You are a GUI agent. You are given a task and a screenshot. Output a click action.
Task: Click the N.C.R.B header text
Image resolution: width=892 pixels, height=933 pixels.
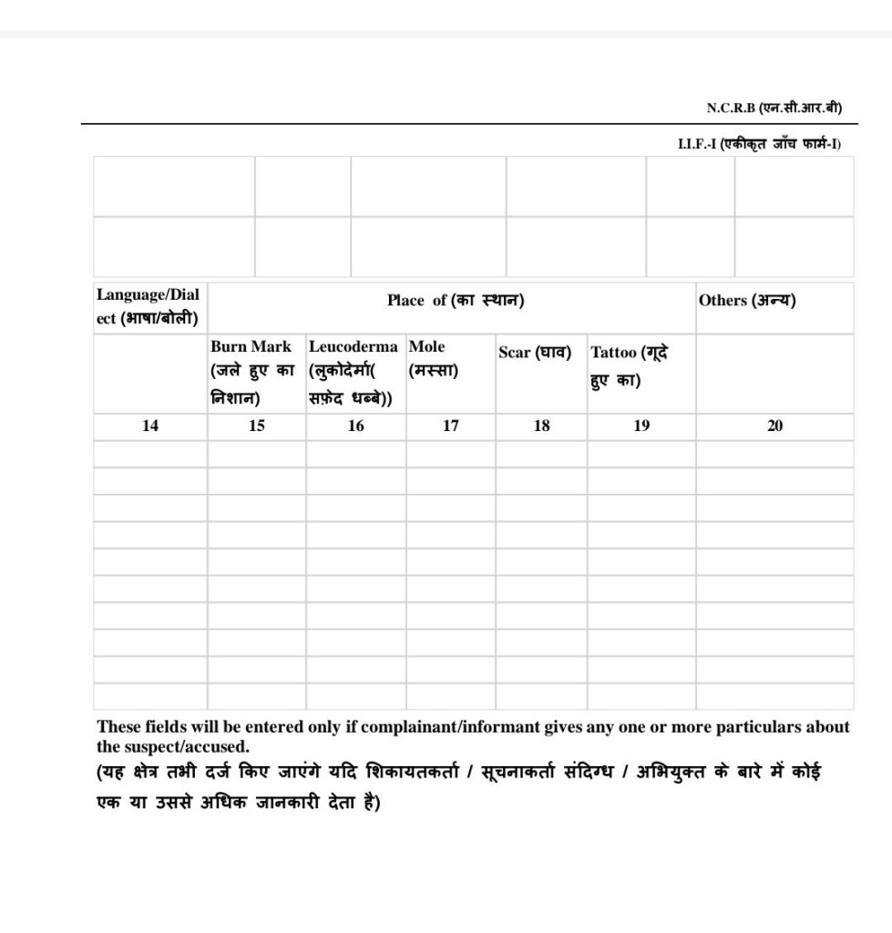click(x=774, y=108)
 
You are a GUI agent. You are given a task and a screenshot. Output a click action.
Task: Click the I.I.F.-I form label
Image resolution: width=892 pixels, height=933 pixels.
click(x=759, y=145)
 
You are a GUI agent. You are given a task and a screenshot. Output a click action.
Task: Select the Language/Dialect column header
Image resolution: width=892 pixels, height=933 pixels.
click(x=149, y=307)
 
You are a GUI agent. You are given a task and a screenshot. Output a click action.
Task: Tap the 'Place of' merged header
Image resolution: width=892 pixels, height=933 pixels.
click(x=455, y=301)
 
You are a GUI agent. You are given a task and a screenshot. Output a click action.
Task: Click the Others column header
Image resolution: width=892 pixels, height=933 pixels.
click(x=746, y=301)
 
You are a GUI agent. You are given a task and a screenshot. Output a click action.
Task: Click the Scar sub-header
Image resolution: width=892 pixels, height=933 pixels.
click(x=534, y=353)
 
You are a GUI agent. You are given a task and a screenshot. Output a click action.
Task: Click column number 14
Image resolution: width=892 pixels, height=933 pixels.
click(x=150, y=425)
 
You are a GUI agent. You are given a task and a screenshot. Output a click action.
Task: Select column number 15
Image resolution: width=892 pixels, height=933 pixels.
click(x=257, y=425)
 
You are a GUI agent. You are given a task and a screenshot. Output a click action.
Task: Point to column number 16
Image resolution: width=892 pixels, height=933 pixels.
click(x=355, y=425)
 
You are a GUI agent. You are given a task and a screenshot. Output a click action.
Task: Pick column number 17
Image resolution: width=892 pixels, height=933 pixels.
click(x=450, y=425)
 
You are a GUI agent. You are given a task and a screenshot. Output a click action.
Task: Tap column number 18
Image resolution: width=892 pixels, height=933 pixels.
click(x=541, y=425)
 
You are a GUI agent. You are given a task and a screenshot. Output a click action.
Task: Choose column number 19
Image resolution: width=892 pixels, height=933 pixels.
click(x=641, y=425)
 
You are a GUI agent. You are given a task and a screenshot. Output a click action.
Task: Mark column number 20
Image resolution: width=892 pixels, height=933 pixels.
click(x=774, y=425)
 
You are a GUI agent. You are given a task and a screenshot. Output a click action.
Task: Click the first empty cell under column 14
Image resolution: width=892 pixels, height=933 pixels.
click(x=150, y=453)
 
